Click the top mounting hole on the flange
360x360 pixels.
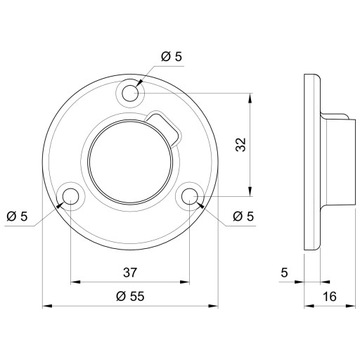pos(130,93)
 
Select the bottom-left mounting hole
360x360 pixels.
pos(71,197)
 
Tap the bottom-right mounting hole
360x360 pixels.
pos(189,197)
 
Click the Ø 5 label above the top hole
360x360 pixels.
pos(172,57)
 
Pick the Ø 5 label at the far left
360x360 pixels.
pos(17,217)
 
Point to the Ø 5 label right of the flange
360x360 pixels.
pos(243,217)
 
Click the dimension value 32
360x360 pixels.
pos(241,145)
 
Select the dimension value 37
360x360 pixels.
pos(130,272)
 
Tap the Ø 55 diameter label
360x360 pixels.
pos(130,296)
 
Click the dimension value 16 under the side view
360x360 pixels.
pos(330,296)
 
